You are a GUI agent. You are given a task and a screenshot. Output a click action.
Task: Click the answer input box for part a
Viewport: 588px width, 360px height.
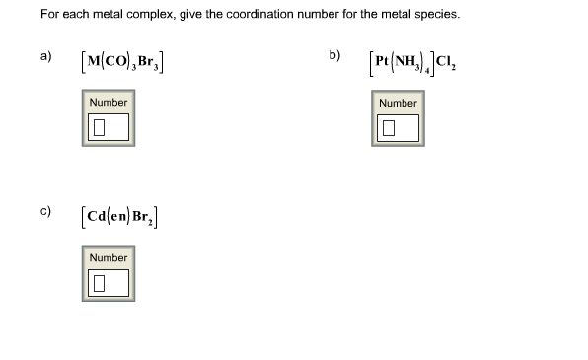[108, 127]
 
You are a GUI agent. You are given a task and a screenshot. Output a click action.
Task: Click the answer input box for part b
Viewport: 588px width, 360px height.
[398, 127]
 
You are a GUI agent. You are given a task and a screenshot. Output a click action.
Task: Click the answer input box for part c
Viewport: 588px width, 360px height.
[108, 283]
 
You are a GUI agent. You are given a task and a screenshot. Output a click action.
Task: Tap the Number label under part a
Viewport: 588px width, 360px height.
[108, 103]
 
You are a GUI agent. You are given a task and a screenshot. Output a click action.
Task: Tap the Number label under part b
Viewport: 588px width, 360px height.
[398, 103]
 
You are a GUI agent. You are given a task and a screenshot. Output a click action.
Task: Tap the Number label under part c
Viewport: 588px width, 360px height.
[108, 257]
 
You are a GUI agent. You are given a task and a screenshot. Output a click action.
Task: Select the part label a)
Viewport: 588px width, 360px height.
[45, 55]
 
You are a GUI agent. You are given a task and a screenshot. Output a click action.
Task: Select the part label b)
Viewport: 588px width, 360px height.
[335, 55]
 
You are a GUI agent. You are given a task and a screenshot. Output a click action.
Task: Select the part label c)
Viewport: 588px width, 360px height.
[45, 211]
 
